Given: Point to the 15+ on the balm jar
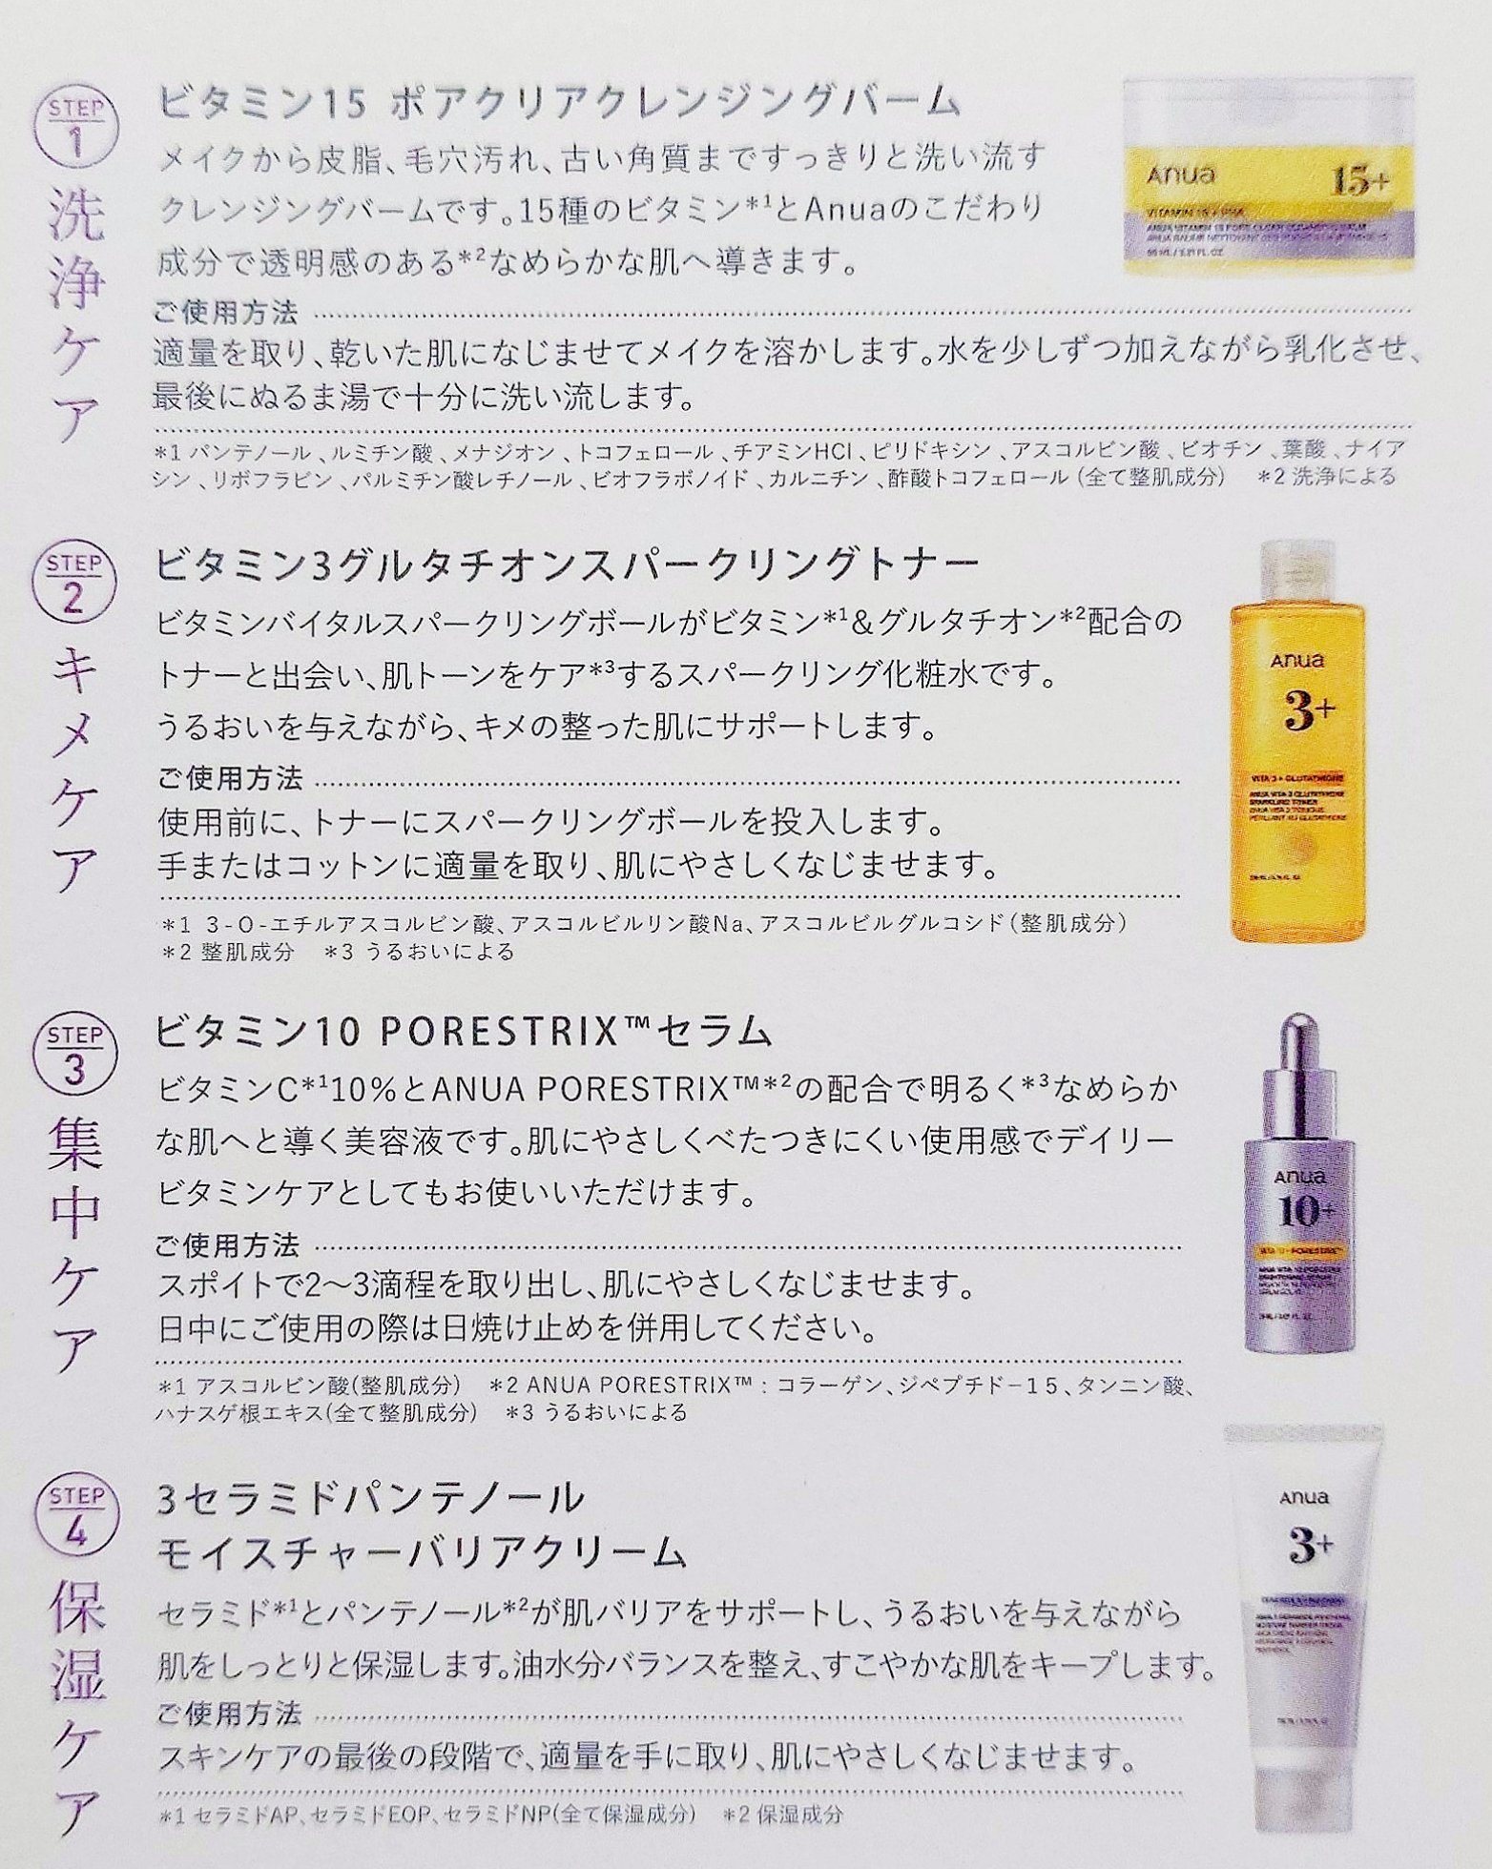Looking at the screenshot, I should pos(1360,181).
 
